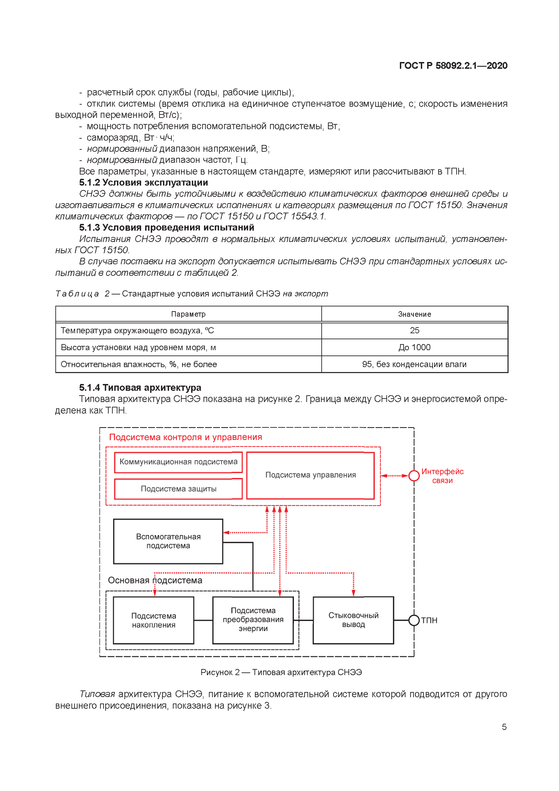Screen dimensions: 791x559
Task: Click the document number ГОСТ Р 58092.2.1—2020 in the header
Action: [x=453, y=65]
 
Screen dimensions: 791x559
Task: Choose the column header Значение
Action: [x=414, y=314]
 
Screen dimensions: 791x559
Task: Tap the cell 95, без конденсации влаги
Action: [x=414, y=364]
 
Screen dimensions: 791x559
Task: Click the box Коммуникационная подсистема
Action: [x=179, y=462]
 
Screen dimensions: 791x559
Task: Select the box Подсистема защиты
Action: [x=179, y=489]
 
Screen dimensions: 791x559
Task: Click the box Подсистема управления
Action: [x=310, y=475]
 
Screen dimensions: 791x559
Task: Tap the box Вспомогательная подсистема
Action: [x=168, y=541]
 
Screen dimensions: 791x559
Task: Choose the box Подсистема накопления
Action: [x=154, y=620]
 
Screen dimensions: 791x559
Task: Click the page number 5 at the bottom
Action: [x=504, y=727]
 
